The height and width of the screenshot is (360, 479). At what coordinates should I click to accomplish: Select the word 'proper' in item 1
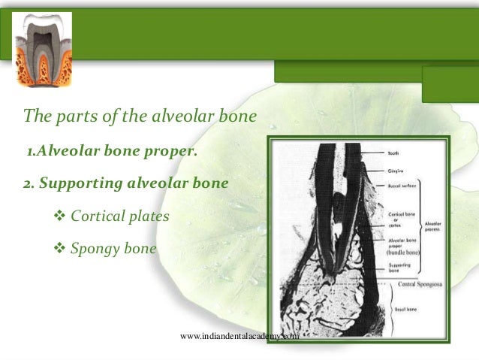pos(175,153)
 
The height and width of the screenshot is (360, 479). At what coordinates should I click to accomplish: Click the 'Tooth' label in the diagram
pos(393,153)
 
